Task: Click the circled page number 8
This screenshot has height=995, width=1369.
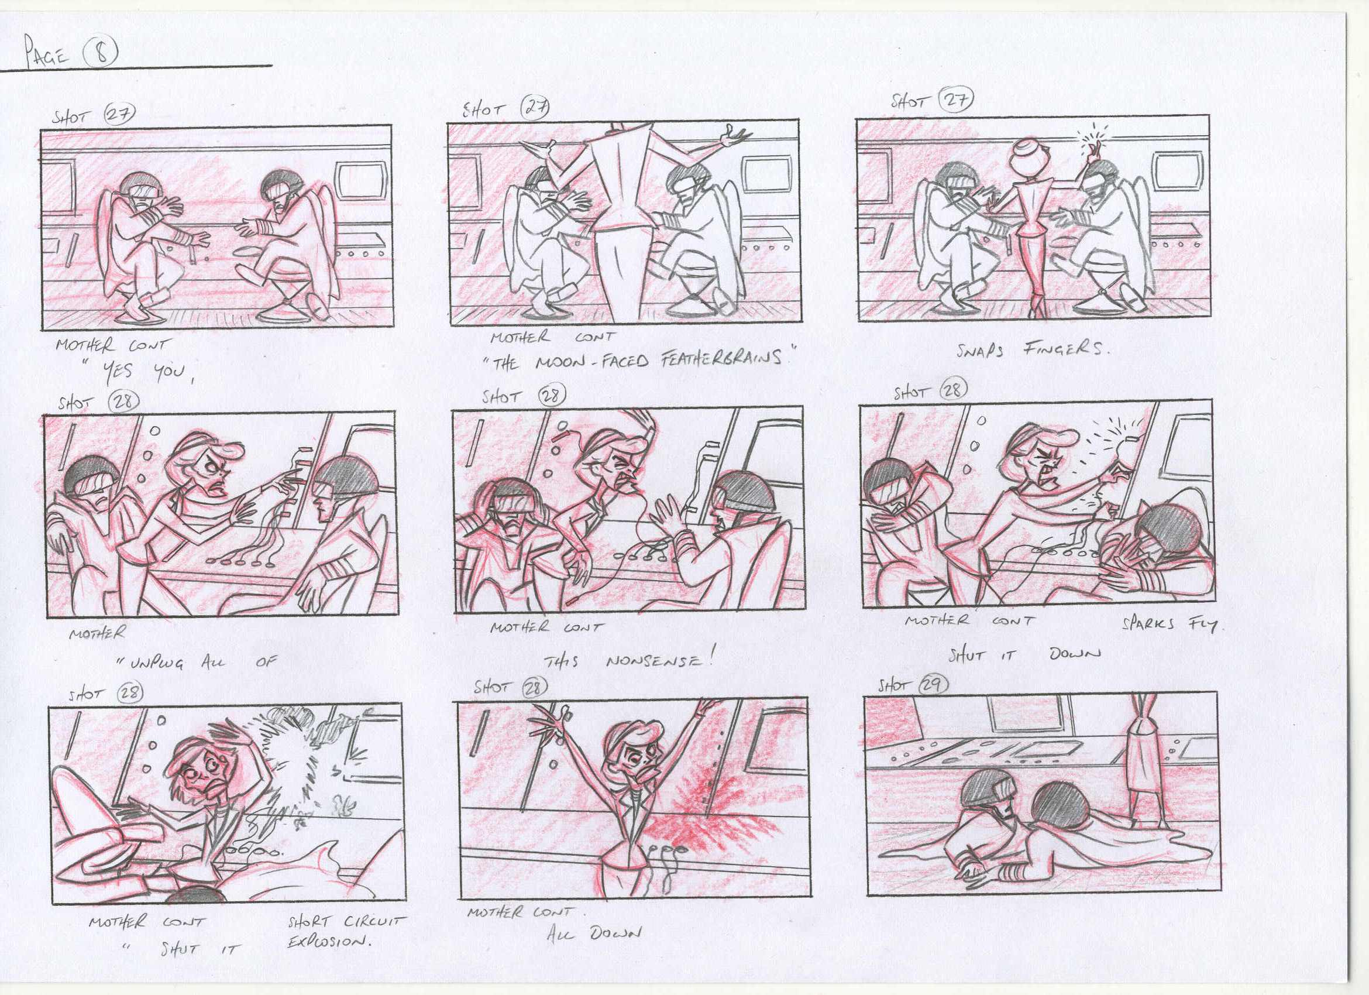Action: pyautogui.click(x=101, y=53)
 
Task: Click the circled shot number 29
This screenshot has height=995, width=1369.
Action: pyautogui.click(x=933, y=685)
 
